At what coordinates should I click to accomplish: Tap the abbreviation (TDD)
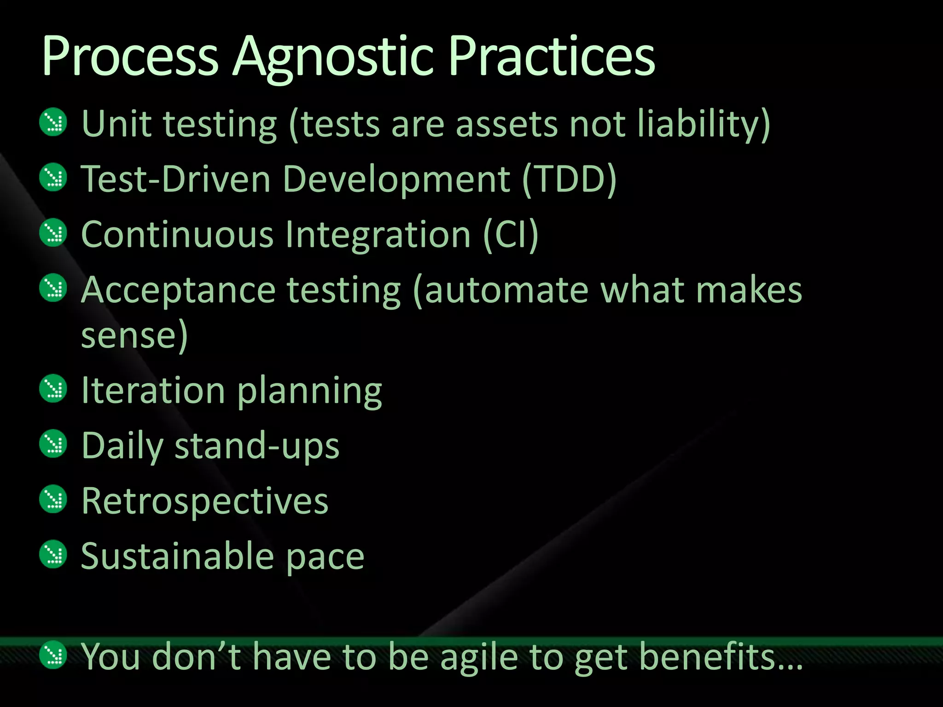(570, 180)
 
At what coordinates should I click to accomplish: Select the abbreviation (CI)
(511, 235)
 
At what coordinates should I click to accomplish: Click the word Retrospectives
(205, 501)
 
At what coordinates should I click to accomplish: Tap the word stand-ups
(257, 446)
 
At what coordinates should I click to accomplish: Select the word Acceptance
(178, 290)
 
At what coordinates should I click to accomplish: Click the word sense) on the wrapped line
(134, 335)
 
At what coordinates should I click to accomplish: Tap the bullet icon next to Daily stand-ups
(53, 444)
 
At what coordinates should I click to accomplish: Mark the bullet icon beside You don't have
(53, 655)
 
